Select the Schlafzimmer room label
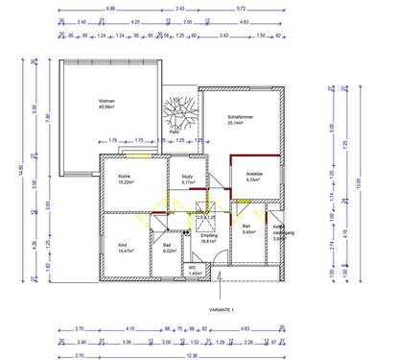point(239,115)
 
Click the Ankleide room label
point(254,174)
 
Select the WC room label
point(193,267)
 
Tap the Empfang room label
point(208,236)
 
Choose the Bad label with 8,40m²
point(246,228)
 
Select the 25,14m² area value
point(239,122)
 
